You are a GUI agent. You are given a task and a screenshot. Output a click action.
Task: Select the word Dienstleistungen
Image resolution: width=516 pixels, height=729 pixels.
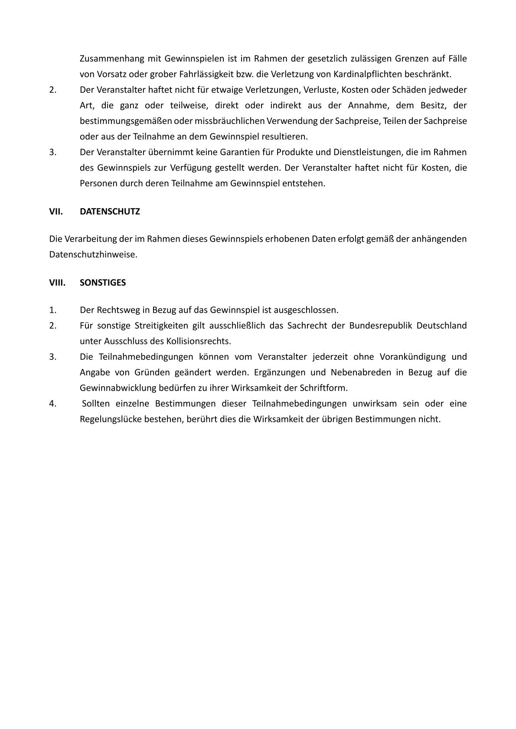(x=368, y=152)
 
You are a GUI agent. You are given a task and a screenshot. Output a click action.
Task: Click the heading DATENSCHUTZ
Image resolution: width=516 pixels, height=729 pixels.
(x=110, y=212)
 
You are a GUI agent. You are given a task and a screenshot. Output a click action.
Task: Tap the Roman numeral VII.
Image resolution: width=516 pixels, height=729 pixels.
(x=56, y=212)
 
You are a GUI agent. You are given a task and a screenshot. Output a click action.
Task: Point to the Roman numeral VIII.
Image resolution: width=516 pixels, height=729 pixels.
(x=57, y=283)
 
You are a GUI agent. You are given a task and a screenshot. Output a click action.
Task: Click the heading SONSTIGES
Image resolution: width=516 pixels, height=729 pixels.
(x=103, y=283)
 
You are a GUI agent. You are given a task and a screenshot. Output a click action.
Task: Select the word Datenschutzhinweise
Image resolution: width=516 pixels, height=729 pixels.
(x=93, y=254)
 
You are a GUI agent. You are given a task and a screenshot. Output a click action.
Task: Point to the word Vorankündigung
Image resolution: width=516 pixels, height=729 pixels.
(x=412, y=357)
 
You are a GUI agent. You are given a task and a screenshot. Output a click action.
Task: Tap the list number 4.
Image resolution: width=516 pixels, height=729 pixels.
(x=52, y=404)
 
